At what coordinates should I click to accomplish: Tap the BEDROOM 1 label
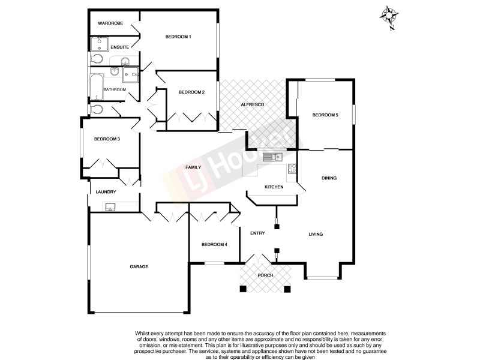coord(178,37)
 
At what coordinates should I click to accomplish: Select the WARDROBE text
coord(110,23)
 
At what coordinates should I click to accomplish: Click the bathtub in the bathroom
coord(96,86)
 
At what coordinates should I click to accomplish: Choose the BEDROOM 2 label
coord(192,92)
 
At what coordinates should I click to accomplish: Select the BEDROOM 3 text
coord(107,139)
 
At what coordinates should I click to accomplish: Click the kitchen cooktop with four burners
coord(292,169)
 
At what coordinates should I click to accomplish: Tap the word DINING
coord(329,178)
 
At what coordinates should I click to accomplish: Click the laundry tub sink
coord(110,207)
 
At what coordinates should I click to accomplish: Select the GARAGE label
coord(139,266)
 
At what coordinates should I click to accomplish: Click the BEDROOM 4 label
coord(214,244)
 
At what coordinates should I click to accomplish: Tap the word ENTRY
coord(258,233)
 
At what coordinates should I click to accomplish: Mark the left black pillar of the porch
coord(242,289)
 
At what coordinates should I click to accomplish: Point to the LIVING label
coord(316,234)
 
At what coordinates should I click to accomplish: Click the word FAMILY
coord(193,168)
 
